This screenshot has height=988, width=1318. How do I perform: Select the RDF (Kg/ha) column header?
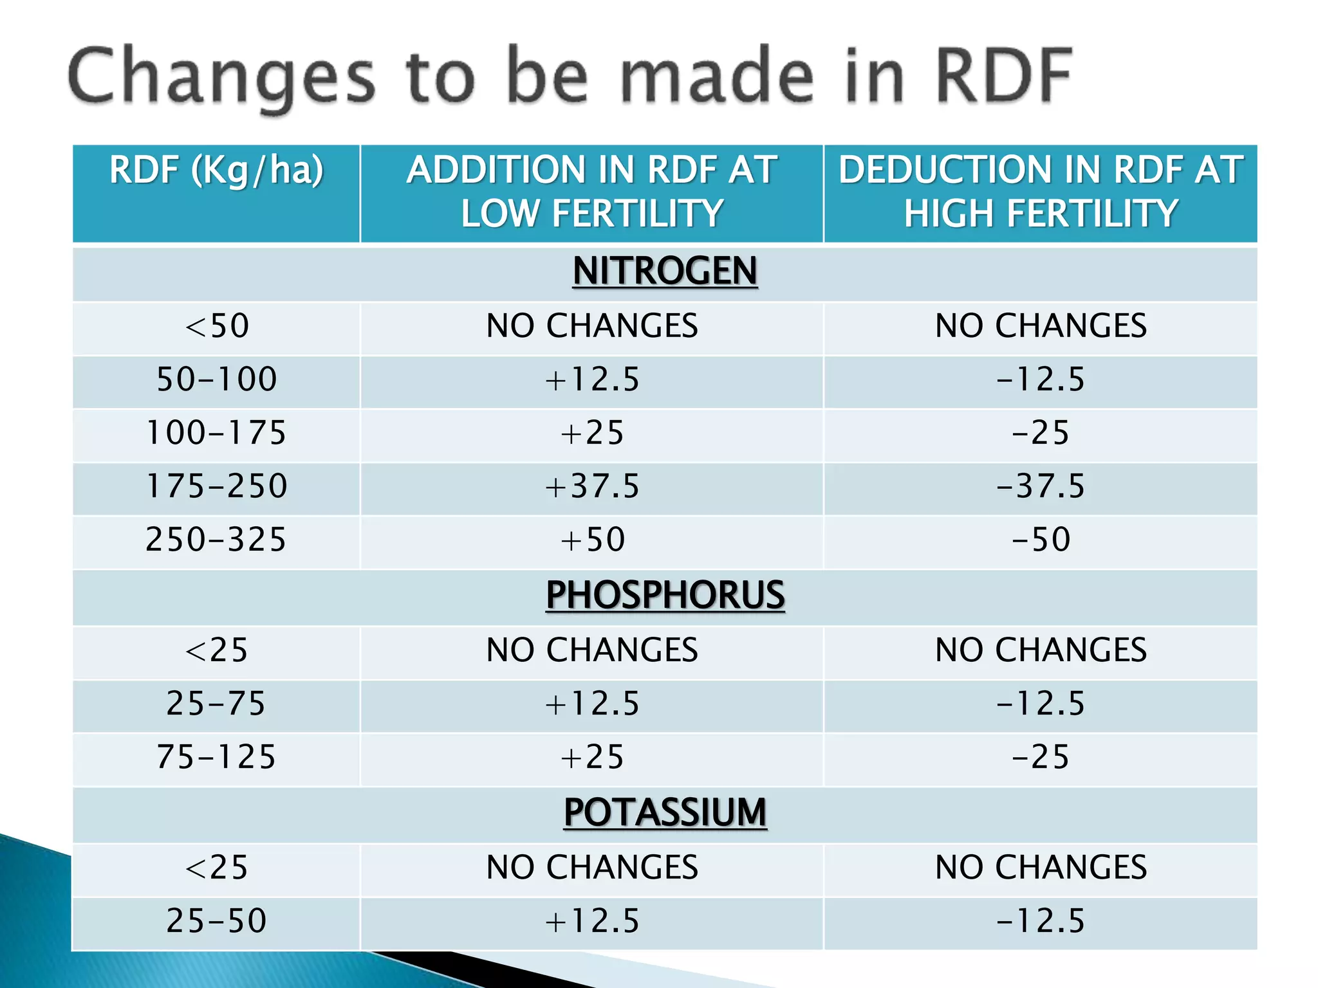point(216,170)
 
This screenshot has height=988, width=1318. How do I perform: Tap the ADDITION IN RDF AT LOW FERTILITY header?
point(592,192)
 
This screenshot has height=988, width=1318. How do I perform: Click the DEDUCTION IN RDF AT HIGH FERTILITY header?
point(1040,192)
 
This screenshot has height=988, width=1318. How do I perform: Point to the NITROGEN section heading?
point(665,271)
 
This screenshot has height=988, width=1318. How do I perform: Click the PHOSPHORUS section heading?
point(665,595)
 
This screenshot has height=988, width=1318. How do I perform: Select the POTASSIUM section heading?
point(665,812)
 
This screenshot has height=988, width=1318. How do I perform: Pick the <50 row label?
point(216,325)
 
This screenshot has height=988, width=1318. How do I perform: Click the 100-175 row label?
point(216,432)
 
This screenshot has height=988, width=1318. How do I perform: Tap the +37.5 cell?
point(592,486)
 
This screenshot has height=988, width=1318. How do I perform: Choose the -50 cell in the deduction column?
point(1040,540)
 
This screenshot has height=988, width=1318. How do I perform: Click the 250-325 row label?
point(216,540)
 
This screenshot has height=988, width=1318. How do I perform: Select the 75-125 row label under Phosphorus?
point(216,757)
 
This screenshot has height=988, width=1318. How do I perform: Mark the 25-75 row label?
point(216,703)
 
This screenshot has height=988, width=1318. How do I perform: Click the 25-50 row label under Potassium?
point(216,920)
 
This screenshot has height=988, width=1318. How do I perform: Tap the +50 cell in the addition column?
point(592,540)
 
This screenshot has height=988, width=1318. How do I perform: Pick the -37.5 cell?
point(1040,486)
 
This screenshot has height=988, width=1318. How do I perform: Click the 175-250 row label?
point(216,486)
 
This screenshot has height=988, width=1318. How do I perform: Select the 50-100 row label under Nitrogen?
point(216,379)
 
